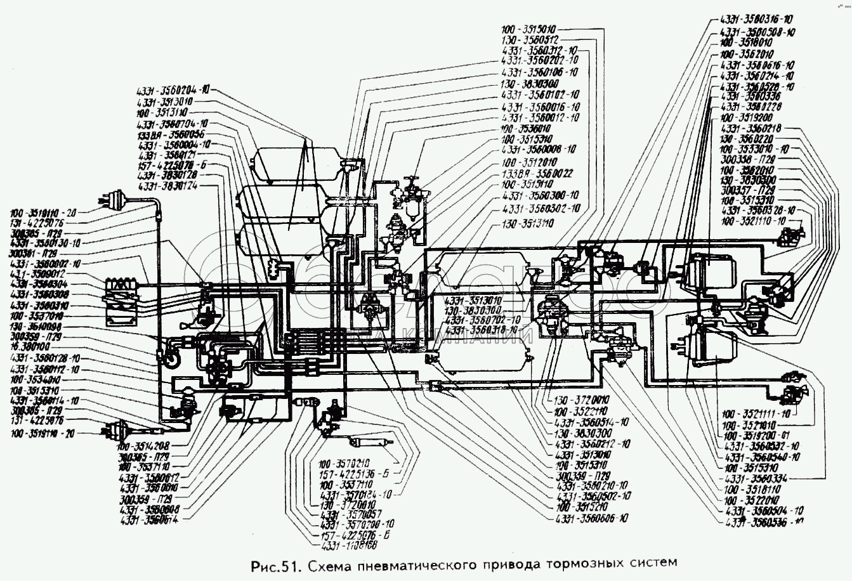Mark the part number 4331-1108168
[349, 545]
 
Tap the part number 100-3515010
[528, 29]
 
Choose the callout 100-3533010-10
[752, 149]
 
